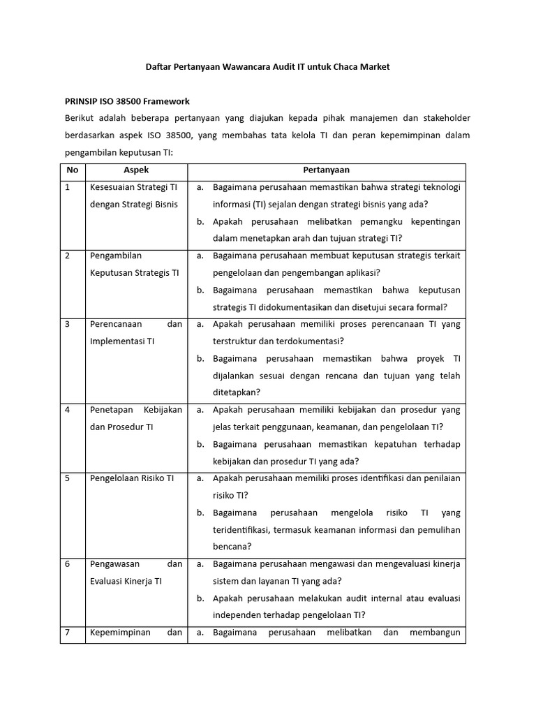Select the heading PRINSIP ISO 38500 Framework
point(127,101)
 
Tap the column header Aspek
point(136,170)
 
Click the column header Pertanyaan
point(326,170)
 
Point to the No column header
point(72,170)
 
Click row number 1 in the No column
point(68,187)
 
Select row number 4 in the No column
point(68,410)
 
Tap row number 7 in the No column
point(68,633)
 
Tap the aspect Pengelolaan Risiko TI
point(132,478)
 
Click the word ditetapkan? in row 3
point(237,392)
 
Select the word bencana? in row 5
point(232,547)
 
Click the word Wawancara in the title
point(243,67)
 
